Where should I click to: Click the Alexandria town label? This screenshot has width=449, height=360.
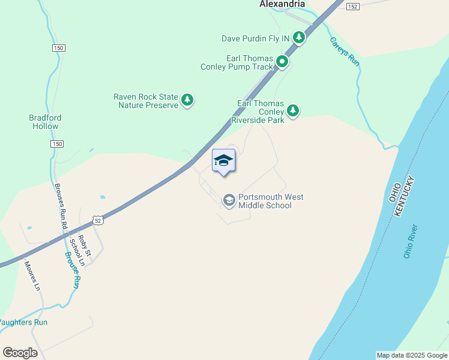click(x=282, y=4)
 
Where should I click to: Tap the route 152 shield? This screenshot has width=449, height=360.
click(x=352, y=6)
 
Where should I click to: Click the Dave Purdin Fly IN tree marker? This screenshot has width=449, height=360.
click(x=299, y=38)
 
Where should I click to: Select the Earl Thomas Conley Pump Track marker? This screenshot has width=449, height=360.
click(x=282, y=62)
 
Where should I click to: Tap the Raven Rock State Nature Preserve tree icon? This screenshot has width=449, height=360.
click(x=187, y=100)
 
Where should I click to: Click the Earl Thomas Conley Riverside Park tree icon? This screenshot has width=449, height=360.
click(x=293, y=110)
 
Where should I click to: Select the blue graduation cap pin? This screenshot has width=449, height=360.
click(x=223, y=161)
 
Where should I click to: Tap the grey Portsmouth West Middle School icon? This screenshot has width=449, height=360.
click(x=229, y=200)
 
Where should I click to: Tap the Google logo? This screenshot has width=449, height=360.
click(x=20, y=352)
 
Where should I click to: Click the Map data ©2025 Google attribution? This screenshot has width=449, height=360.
click(x=411, y=355)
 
